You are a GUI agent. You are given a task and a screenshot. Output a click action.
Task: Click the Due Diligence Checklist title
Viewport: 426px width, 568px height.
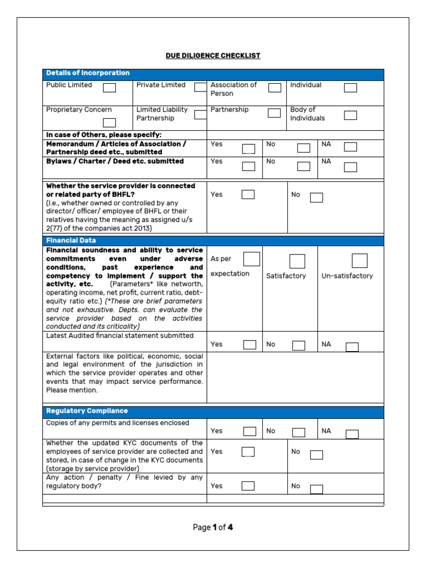213,56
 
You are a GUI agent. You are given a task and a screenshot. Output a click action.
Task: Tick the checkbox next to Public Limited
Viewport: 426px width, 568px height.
110,88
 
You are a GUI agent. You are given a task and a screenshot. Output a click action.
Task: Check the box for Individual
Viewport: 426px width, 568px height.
350,88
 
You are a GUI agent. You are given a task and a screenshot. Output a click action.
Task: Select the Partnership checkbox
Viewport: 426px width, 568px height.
274,113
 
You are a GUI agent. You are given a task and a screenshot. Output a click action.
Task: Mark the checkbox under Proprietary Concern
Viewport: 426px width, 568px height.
110,123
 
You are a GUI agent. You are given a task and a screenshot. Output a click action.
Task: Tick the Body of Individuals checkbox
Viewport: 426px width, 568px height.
350,115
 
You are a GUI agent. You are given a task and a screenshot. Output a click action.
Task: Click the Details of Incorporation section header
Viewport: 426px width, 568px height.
88,73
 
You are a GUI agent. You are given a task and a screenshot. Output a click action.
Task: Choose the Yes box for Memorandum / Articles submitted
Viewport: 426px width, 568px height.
248,148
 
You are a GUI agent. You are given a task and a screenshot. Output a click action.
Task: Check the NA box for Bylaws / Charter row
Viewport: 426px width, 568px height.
350,166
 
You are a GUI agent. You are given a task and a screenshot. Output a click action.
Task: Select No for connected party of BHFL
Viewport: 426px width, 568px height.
316,197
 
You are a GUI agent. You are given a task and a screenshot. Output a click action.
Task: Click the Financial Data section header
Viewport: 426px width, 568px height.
71,241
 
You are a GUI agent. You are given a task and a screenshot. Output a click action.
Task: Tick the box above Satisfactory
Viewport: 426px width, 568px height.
297,261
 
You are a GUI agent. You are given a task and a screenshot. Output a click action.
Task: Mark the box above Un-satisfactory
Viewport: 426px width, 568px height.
359,261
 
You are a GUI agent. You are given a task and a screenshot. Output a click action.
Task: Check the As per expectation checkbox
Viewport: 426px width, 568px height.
252,259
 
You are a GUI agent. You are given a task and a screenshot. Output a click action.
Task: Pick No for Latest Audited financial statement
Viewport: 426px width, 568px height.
299,346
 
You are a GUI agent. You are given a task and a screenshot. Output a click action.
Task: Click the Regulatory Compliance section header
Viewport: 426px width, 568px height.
87,411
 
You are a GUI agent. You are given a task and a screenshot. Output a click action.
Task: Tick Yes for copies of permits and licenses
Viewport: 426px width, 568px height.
250,432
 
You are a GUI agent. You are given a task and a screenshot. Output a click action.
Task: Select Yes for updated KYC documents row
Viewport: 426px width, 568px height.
248,452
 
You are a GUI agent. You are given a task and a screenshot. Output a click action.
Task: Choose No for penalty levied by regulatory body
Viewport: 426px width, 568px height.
316,489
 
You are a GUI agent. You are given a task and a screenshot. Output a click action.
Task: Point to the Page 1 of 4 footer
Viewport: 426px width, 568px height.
213,528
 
